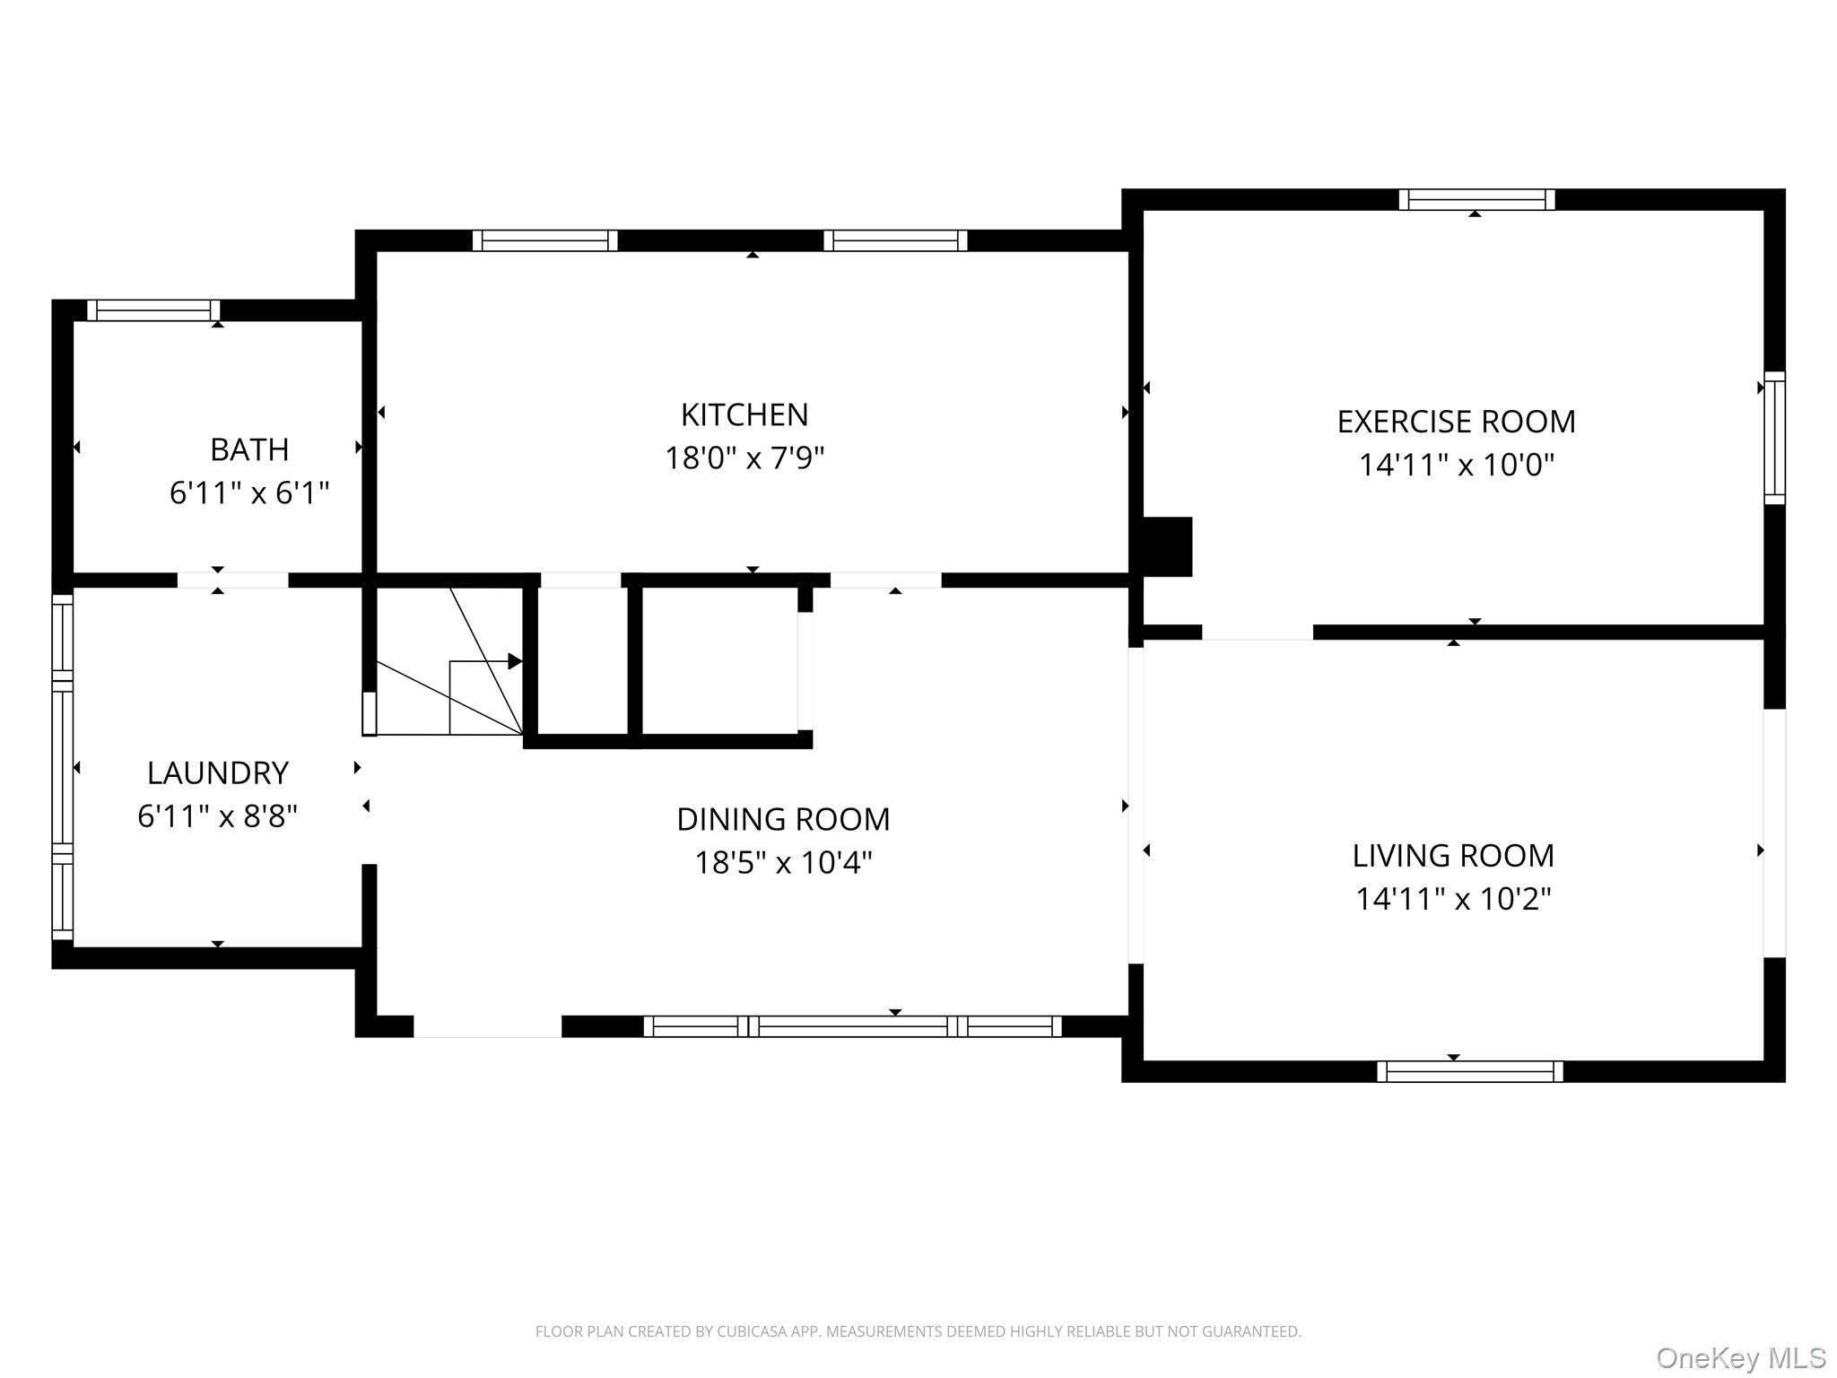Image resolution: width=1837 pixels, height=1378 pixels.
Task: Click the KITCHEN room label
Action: point(744,414)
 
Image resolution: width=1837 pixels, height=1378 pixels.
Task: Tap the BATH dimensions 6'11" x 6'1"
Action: point(249,493)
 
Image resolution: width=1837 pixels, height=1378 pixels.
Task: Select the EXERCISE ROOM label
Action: point(1456,422)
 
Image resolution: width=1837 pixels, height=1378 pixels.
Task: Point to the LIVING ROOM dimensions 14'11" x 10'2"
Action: point(1453,898)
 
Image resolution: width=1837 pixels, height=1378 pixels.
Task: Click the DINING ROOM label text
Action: point(783,819)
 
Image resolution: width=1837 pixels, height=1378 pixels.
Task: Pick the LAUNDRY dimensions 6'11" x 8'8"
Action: point(217,815)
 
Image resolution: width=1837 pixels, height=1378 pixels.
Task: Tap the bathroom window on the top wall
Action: point(153,310)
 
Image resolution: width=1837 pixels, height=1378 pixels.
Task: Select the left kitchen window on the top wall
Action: point(545,240)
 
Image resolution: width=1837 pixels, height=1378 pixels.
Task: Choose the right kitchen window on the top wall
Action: point(895,240)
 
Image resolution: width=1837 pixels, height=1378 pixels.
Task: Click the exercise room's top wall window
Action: point(1476,199)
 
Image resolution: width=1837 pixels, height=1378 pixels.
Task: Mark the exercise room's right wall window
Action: point(1774,438)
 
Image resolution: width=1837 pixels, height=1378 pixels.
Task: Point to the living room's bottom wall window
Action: point(1469,1071)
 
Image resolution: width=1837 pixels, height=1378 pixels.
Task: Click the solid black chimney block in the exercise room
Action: point(1167,546)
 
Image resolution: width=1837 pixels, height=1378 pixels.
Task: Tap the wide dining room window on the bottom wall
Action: point(852,1026)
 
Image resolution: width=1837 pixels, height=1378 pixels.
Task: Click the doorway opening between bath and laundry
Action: point(232,580)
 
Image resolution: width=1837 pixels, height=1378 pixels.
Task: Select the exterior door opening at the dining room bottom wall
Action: point(487,1026)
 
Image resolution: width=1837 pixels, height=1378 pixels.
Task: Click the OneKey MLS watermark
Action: point(1740,1357)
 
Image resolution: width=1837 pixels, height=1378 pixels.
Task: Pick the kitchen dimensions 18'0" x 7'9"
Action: point(744,458)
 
